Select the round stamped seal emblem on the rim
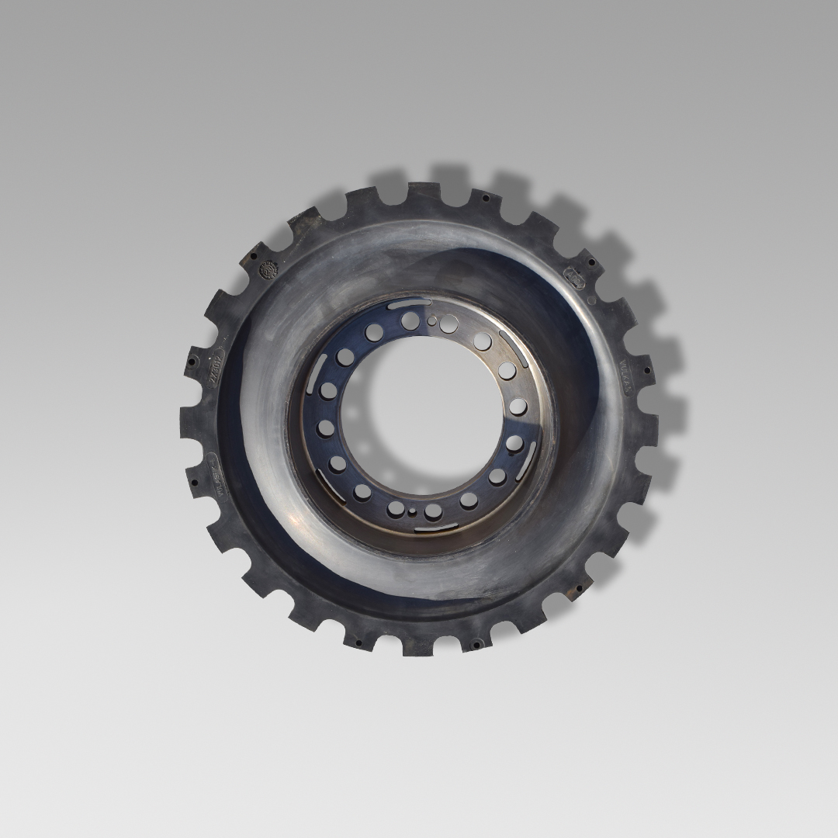coord(268,270)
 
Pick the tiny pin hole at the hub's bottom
coord(412,511)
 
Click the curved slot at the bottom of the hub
coord(435,528)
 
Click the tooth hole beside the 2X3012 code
coord(191,361)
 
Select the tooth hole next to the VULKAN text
coord(646,358)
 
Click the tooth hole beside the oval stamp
coord(592,262)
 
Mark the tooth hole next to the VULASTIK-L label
coord(194,481)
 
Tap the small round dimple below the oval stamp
coord(591,300)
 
